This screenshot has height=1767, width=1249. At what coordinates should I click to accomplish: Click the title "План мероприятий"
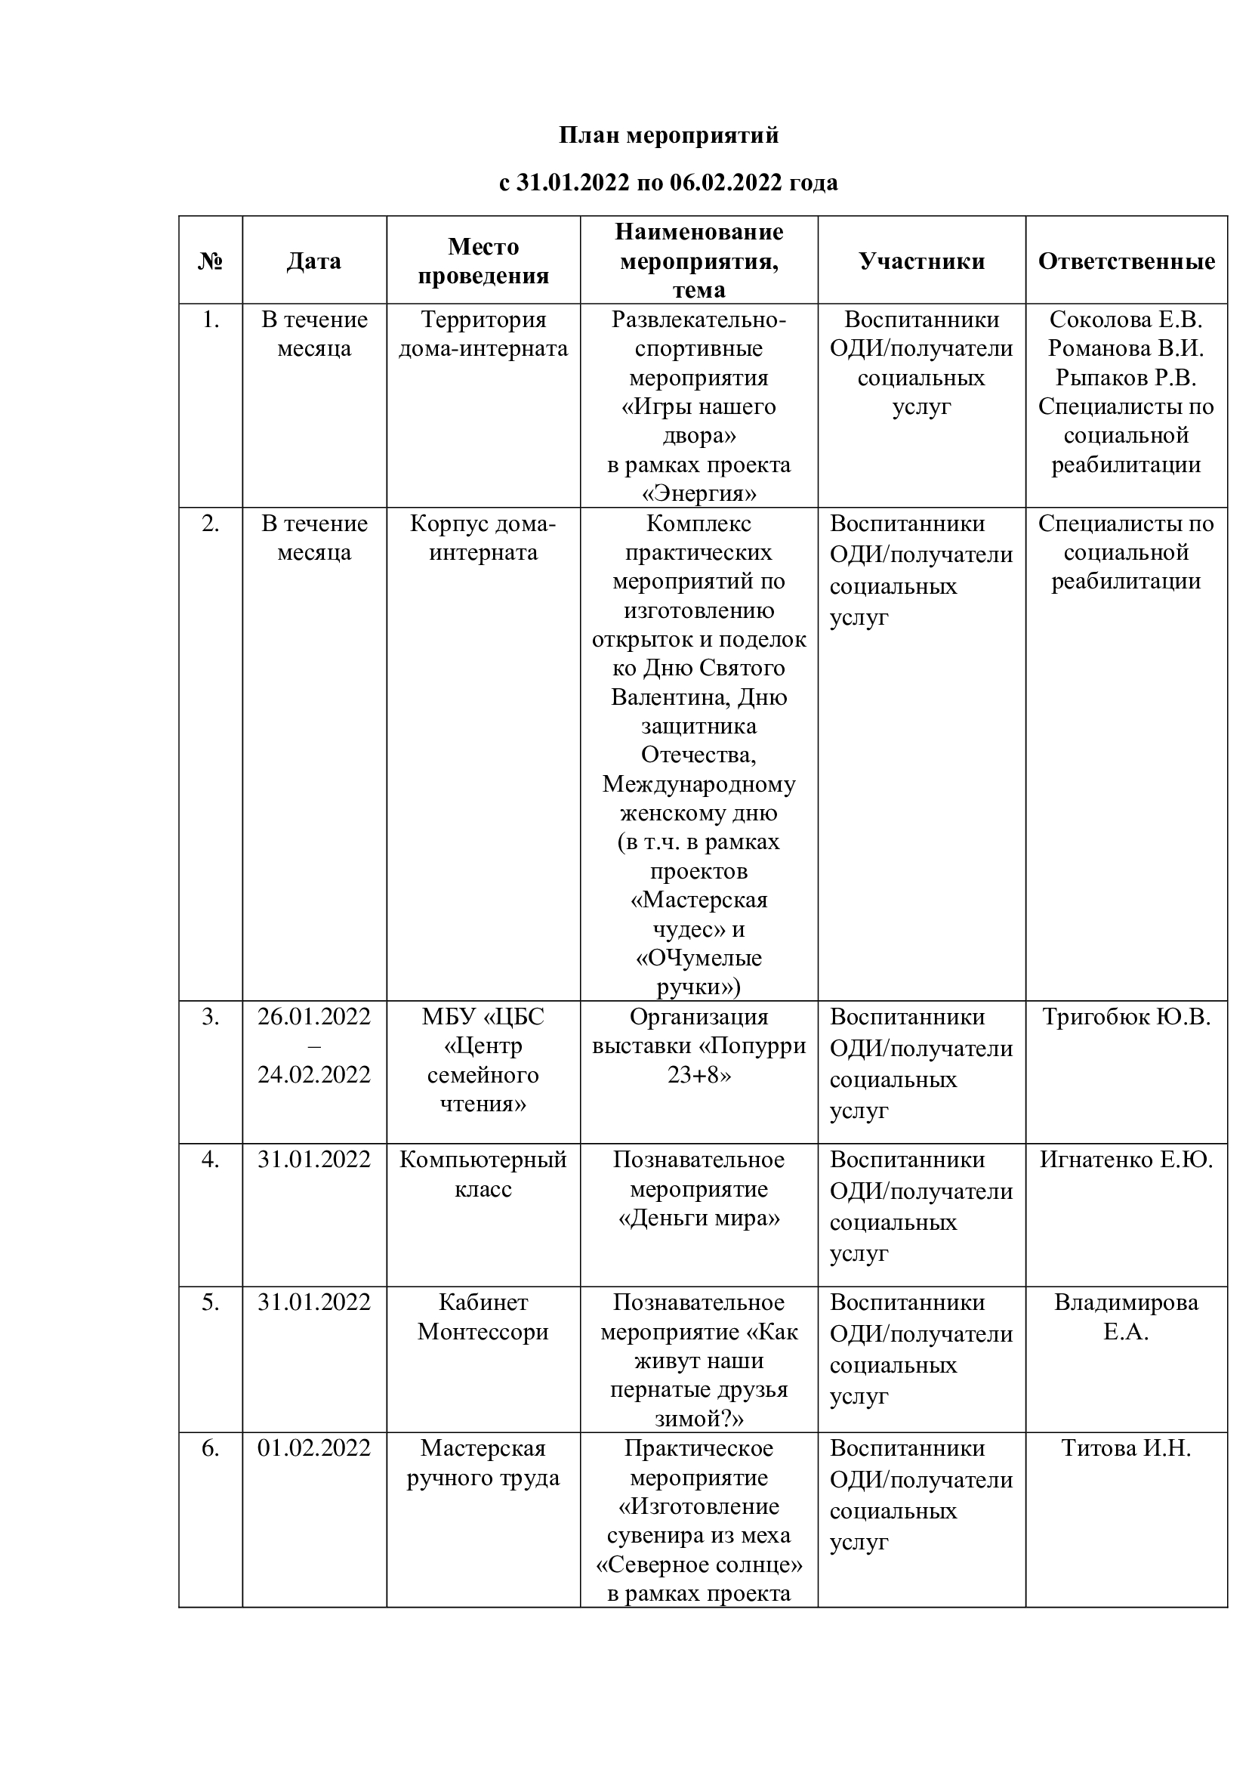(x=668, y=135)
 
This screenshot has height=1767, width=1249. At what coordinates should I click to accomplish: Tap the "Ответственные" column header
(x=1126, y=261)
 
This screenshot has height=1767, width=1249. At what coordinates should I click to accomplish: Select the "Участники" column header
(x=921, y=261)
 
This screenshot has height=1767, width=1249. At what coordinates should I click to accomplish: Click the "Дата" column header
(x=314, y=261)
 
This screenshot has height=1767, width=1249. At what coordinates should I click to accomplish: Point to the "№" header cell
(x=210, y=261)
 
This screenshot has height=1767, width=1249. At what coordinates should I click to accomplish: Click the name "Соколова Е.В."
(x=1126, y=320)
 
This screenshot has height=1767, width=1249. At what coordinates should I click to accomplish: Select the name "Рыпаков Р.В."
(x=1126, y=377)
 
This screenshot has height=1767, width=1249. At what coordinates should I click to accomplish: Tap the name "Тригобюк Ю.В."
(x=1126, y=1017)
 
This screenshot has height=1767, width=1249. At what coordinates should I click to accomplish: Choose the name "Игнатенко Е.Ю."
(x=1126, y=1160)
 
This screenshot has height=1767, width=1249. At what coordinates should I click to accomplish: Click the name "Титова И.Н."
(x=1126, y=1448)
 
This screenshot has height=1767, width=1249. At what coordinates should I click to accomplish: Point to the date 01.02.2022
(x=314, y=1448)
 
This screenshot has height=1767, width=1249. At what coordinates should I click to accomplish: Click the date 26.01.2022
(x=314, y=1017)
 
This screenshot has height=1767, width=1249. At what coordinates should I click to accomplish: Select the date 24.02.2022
(x=314, y=1074)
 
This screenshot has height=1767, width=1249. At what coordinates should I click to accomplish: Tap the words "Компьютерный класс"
(x=483, y=1175)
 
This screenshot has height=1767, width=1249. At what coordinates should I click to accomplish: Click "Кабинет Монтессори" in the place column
(x=483, y=1317)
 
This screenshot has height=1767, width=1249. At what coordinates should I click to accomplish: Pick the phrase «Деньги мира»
(x=699, y=1219)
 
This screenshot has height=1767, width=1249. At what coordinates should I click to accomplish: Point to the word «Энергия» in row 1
(x=699, y=493)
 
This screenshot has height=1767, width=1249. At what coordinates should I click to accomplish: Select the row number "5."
(x=210, y=1303)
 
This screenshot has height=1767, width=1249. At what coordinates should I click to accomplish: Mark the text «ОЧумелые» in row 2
(x=699, y=958)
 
